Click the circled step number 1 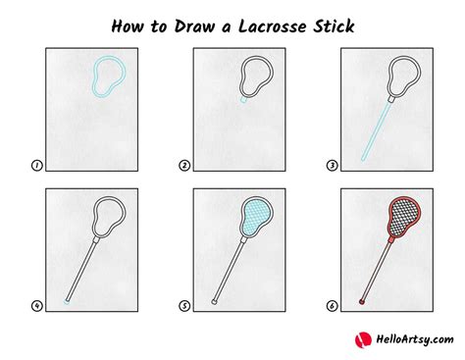(36, 166)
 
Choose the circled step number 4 (36, 305)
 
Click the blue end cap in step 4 (66, 300)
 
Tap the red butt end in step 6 (362, 299)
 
